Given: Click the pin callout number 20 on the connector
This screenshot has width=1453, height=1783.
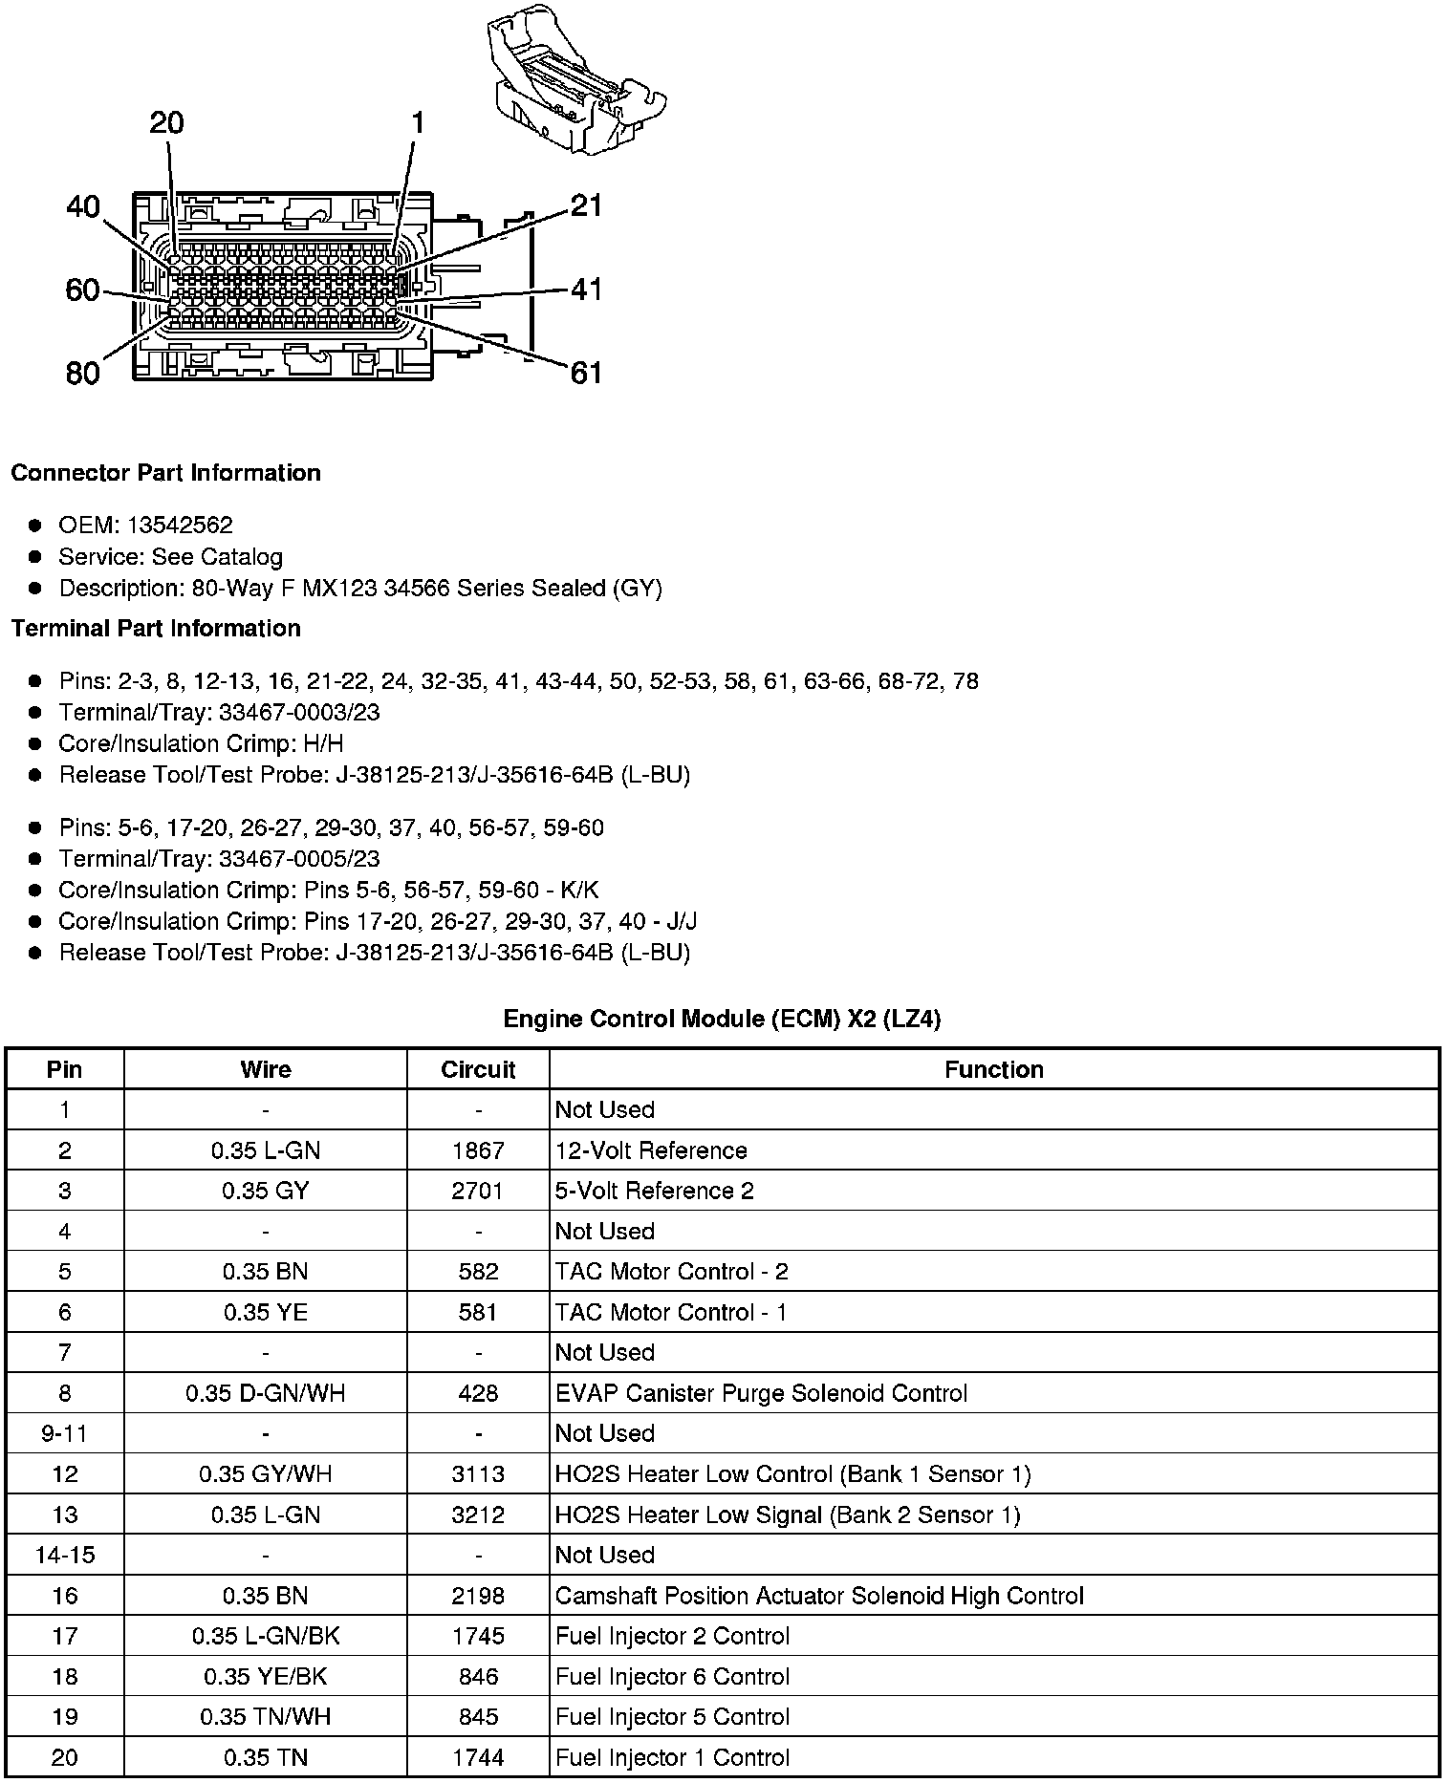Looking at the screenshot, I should tap(166, 123).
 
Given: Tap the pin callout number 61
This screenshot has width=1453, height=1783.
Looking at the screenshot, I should tap(586, 373).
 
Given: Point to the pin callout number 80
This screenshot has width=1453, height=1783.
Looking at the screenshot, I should tap(83, 373).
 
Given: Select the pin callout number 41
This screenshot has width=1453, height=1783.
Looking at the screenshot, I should tap(586, 289).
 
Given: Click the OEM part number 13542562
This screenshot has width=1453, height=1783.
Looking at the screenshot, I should tap(180, 525).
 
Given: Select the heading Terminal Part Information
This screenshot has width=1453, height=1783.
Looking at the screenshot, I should tap(156, 628).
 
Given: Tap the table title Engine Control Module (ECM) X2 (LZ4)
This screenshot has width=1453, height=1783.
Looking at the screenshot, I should tap(722, 1019).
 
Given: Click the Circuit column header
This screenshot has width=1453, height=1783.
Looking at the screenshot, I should tap(478, 1069).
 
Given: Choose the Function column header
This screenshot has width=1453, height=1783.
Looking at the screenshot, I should tap(994, 1069).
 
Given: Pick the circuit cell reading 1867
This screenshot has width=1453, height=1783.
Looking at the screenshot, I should tap(478, 1150).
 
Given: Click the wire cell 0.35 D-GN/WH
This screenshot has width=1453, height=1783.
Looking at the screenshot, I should tap(266, 1393).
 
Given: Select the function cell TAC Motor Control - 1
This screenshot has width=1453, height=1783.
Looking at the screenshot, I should tap(671, 1312).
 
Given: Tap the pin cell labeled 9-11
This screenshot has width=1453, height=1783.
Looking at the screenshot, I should tap(64, 1433).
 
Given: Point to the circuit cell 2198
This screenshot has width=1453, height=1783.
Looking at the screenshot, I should tap(478, 1596).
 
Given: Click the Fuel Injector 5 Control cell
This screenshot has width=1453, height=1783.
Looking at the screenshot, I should tap(672, 1717).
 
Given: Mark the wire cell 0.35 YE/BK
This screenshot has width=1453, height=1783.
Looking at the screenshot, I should tap(266, 1677).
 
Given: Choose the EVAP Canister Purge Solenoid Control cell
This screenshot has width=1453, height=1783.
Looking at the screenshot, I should tap(761, 1393).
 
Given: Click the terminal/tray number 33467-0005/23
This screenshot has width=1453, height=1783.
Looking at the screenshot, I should tap(299, 858).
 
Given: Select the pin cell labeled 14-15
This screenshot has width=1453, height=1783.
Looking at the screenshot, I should tap(64, 1555).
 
